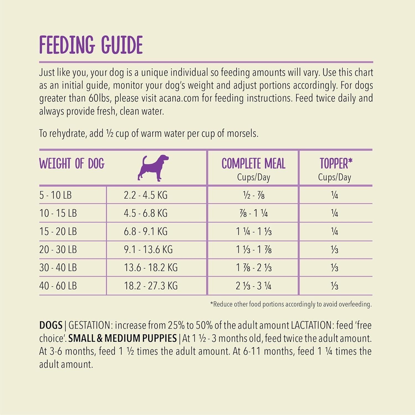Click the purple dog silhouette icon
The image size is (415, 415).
(153, 168)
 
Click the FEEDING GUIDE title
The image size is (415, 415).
(91, 45)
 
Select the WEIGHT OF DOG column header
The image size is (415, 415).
(72, 164)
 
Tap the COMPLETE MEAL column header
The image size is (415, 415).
(253, 164)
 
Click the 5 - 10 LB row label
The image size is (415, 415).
(55, 195)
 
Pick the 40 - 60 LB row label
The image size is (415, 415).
(58, 286)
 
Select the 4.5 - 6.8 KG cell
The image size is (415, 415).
(146, 213)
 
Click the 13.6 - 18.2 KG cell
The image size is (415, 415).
(151, 268)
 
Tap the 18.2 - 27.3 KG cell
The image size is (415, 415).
(151, 286)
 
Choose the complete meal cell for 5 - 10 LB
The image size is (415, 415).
(254, 195)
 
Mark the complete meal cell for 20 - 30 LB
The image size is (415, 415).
(254, 250)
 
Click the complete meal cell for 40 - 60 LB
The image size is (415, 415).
(254, 286)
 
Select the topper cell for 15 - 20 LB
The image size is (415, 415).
(334, 231)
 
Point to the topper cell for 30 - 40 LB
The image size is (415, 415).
(334, 268)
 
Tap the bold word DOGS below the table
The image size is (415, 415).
(51, 325)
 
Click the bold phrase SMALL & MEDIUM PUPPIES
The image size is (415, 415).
(122, 338)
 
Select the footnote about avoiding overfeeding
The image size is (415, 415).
(291, 304)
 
